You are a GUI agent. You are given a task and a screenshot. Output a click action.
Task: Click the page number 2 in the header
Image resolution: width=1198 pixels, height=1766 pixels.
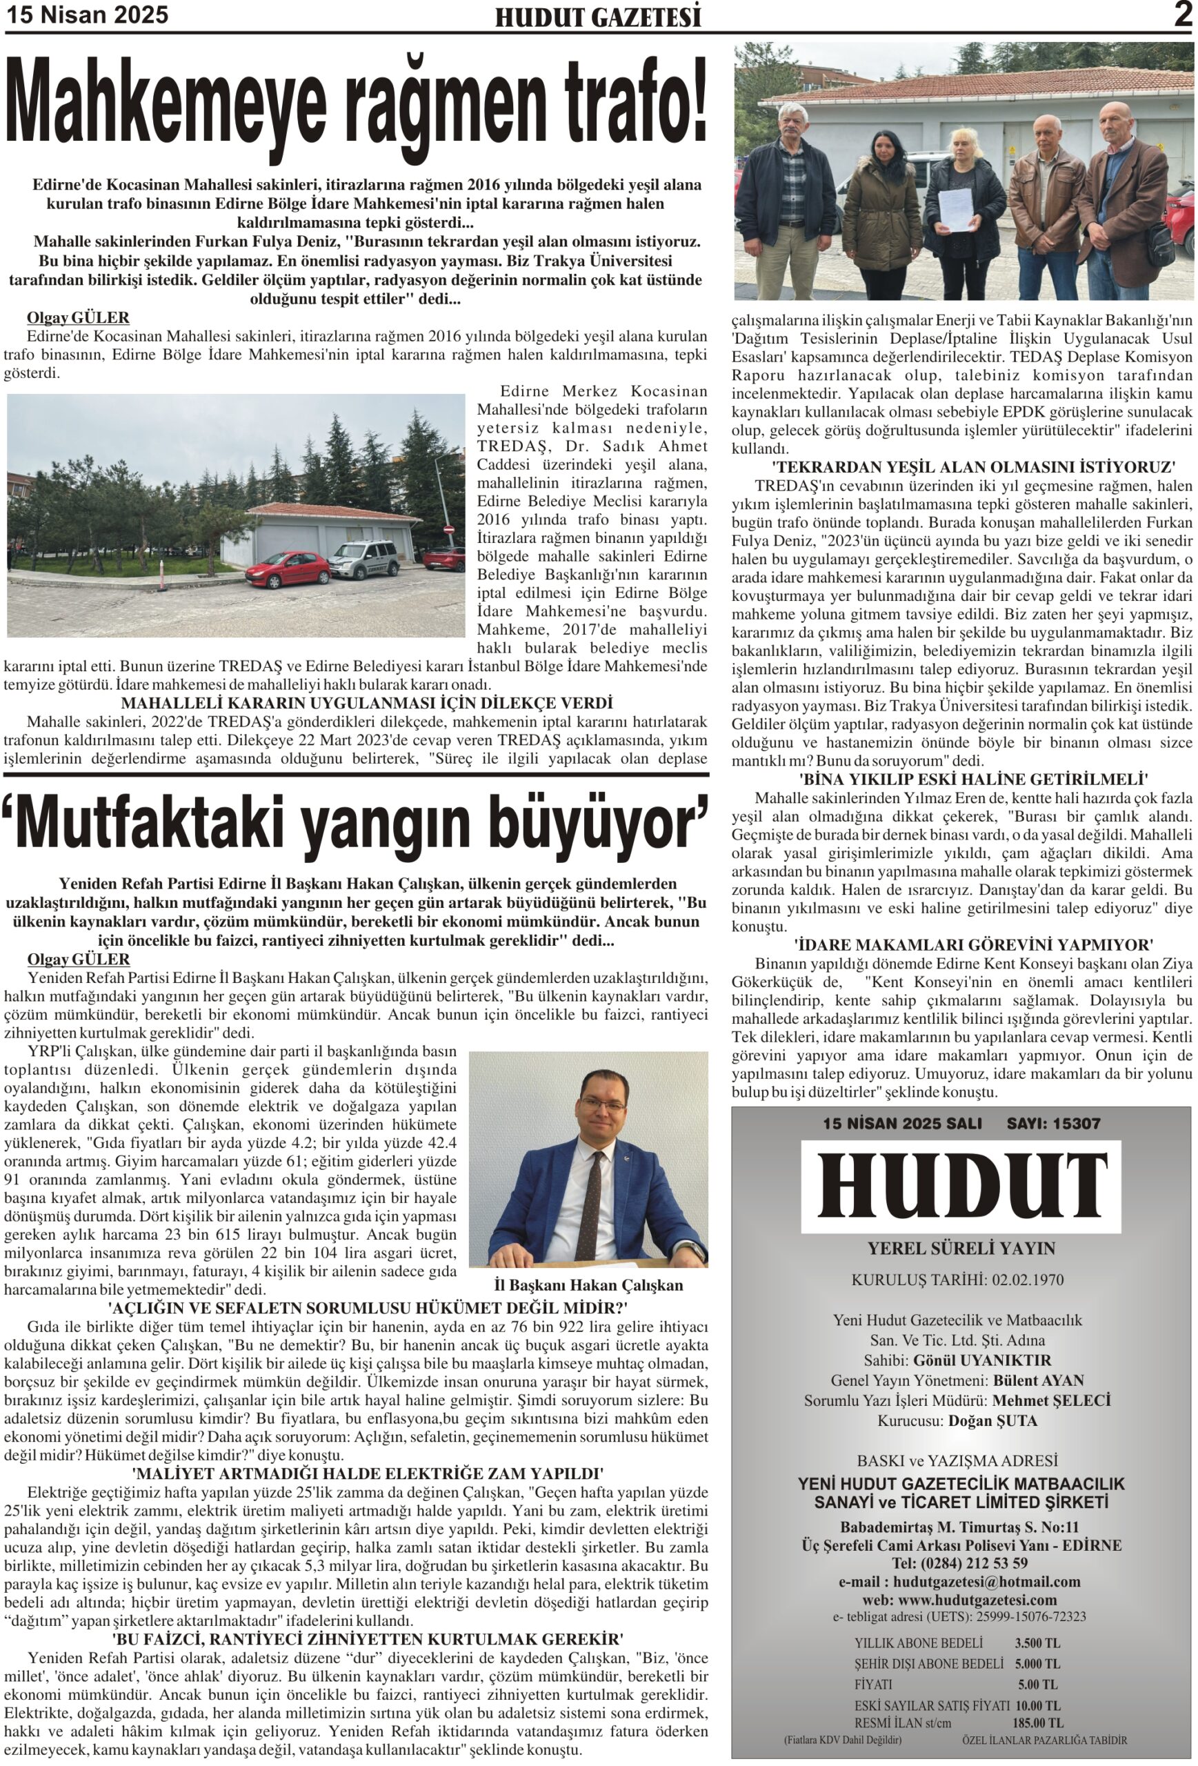tap(1182, 14)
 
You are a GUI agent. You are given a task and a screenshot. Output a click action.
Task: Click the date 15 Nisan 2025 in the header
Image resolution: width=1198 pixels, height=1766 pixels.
tap(88, 15)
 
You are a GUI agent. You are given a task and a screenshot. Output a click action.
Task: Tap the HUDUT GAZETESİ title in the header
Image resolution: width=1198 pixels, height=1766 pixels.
tap(598, 17)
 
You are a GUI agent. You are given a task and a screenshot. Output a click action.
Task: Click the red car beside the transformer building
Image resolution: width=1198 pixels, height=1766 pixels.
tap(286, 568)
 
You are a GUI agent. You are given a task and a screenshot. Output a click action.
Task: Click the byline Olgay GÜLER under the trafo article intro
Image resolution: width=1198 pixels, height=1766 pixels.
tap(78, 317)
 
